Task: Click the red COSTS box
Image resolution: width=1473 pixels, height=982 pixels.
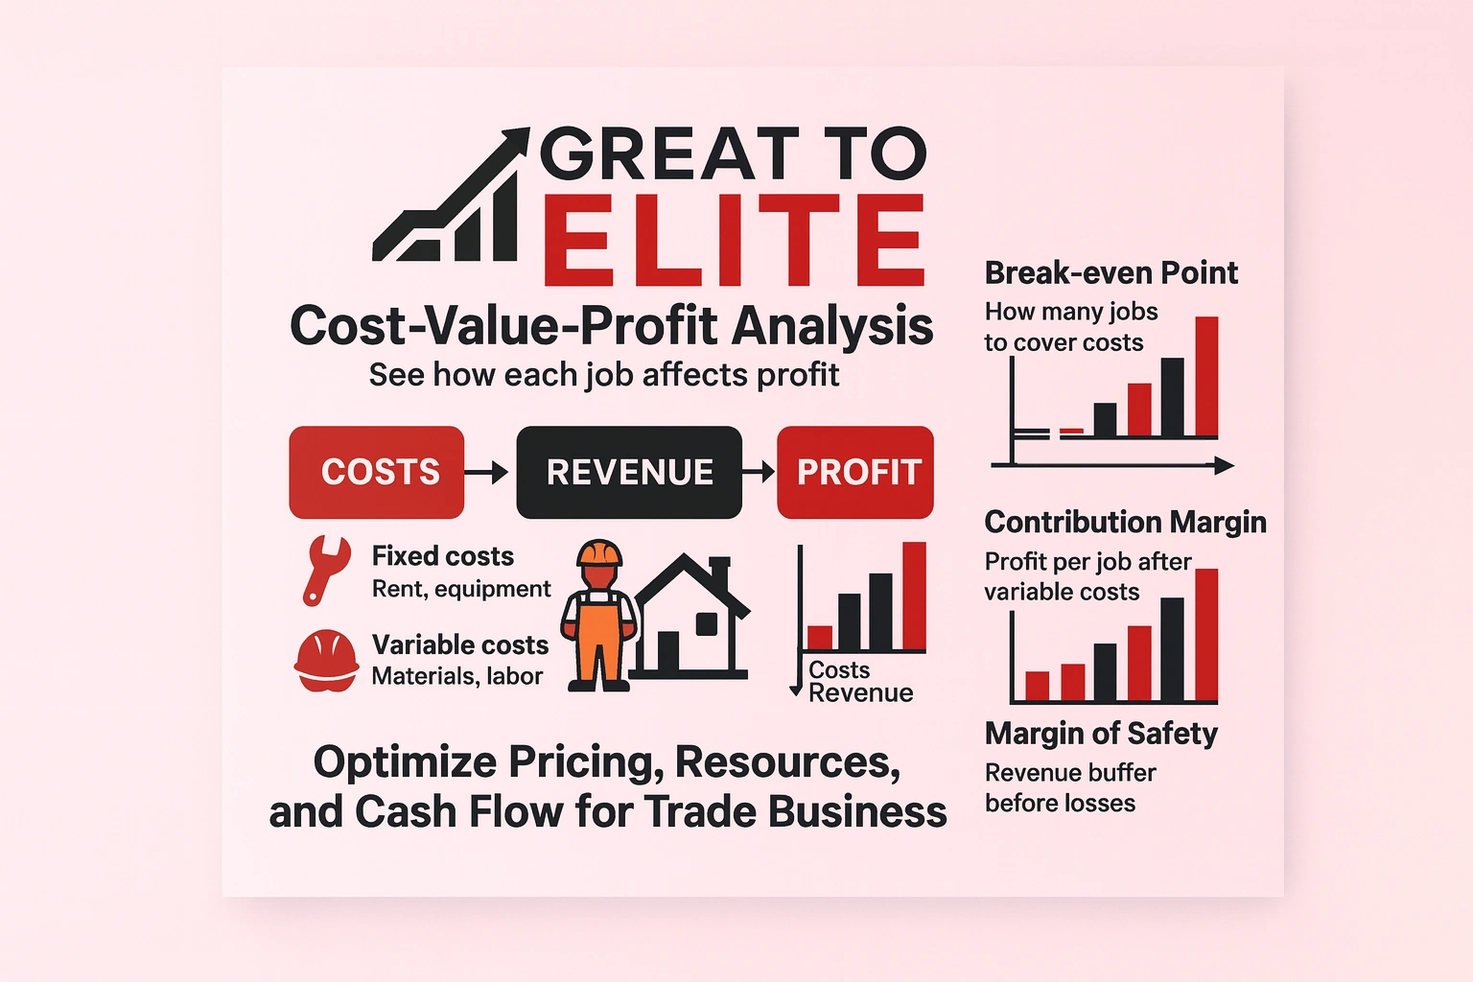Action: pos(377,472)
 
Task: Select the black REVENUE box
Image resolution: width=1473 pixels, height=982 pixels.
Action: pos(629,472)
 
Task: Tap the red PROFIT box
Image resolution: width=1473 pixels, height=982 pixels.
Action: pos(855,472)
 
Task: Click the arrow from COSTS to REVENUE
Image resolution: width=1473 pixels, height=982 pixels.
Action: pos(487,472)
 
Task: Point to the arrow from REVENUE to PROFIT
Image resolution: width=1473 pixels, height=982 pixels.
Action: pos(759,472)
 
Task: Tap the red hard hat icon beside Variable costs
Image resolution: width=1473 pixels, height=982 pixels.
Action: pos(326,660)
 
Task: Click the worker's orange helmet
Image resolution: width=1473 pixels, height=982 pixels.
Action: pos(599,553)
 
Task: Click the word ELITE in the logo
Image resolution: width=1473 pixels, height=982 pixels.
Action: pos(734,240)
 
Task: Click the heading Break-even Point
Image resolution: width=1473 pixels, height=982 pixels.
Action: pos(1111,273)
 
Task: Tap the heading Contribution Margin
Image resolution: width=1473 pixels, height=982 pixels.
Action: pos(1125,522)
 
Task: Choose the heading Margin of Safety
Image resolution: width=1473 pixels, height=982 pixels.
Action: pos(1101,734)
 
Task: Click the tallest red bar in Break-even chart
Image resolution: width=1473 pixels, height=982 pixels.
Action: pos(1206,376)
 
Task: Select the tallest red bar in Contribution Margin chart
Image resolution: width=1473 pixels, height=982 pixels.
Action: pos(1206,635)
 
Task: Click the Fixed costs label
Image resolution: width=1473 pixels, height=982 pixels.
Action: pos(443,556)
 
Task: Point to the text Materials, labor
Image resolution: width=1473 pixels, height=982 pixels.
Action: pos(457,676)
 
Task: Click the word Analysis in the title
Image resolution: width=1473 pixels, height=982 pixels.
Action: pos(832,326)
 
